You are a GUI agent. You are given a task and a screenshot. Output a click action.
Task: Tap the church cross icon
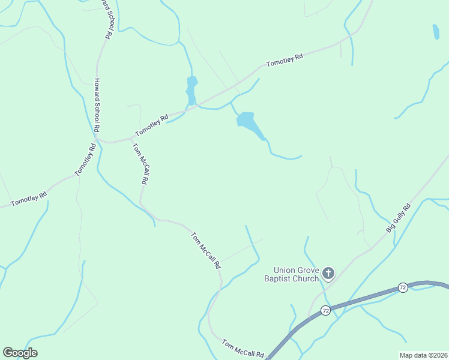(328, 274)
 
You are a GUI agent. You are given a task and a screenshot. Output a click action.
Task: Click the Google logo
(20, 353)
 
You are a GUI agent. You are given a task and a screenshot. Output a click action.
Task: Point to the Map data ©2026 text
(423, 355)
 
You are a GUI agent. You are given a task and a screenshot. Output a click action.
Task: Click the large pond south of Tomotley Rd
(249, 122)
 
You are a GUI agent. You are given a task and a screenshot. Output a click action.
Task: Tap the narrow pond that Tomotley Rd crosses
(191, 90)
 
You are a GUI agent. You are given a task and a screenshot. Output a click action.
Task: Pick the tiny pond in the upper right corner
(435, 31)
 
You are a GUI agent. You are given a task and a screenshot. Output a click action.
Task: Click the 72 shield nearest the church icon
(325, 310)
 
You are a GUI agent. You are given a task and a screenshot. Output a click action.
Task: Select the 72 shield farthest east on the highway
(403, 289)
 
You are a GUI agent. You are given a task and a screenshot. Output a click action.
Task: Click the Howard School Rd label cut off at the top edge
(106, 18)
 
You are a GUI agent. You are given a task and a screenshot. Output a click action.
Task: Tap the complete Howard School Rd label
(96, 106)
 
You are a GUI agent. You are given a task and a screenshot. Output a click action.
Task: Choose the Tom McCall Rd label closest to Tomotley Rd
(140, 163)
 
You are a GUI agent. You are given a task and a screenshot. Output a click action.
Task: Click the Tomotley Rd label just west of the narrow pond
(152, 125)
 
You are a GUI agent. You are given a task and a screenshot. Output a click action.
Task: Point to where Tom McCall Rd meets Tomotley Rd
(131, 138)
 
